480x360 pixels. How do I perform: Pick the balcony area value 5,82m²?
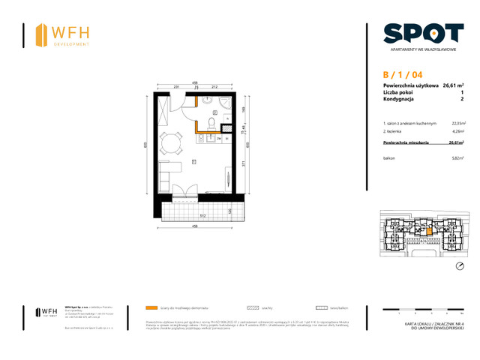(457, 158)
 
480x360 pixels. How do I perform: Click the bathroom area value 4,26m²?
(457, 129)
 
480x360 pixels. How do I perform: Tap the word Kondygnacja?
(400, 99)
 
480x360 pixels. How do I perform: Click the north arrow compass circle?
(460, 266)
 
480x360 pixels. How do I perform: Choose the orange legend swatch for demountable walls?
(152, 307)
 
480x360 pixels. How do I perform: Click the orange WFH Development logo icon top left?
(40, 34)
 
